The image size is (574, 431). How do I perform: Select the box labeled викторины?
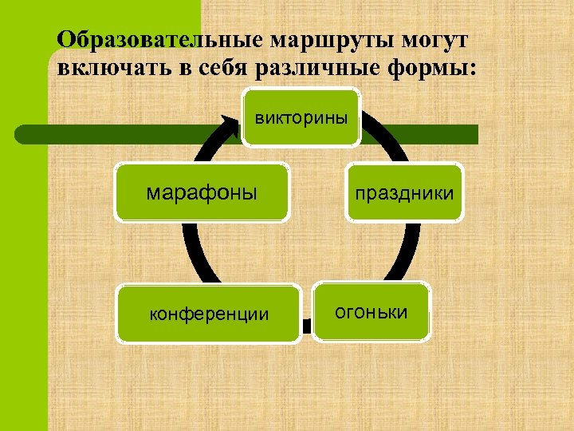click(301, 118)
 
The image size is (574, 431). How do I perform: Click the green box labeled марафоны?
click(201, 192)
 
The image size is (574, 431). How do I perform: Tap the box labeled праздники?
click(404, 192)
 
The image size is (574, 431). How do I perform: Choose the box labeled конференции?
click(209, 314)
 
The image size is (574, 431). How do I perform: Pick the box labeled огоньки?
click(371, 311)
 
